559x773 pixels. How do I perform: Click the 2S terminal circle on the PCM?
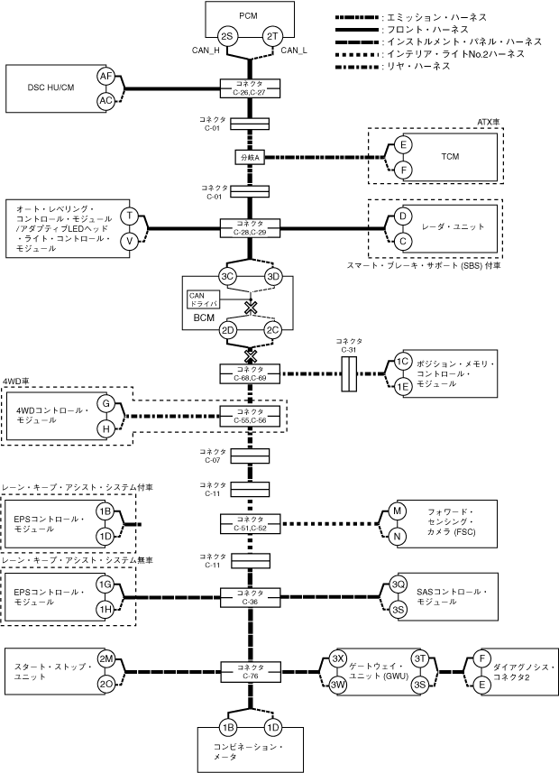pyautogui.click(x=227, y=36)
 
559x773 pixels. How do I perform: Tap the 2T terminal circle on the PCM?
pyautogui.click(x=272, y=36)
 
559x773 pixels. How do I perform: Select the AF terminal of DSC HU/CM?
pyautogui.click(x=106, y=76)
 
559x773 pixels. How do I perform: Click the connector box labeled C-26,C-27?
pyautogui.click(x=250, y=88)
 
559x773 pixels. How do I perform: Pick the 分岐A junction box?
pyautogui.click(x=250, y=158)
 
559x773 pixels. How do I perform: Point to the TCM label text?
pyautogui.click(x=450, y=156)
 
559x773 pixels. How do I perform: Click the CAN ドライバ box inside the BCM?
pyautogui.click(x=204, y=299)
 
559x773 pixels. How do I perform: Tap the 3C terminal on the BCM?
pyautogui.click(x=227, y=277)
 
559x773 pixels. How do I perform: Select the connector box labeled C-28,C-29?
pyautogui.click(x=250, y=228)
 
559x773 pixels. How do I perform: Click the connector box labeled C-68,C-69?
pyautogui.click(x=250, y=373)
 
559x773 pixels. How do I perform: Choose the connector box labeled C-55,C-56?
pyautogui.click(x=250, y=416)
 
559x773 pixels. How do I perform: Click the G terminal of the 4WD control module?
pyautogui.click(x=106, y=403)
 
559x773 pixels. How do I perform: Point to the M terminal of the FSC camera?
pyautogui.click(x=398, y=511)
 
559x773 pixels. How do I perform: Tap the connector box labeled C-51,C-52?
pyautogui.click(x=250, y=523)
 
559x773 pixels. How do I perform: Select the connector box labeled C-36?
pyautogui.click(x=250, y=597)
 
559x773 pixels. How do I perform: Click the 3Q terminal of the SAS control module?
pyautogui.click(x=399, y=584)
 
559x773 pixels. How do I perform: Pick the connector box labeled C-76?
pyautogui.click(x=250, y=671)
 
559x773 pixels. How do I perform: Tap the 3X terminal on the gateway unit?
pyautogui.click(x=338, y=659)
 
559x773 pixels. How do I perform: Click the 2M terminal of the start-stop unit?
pyautogui.click(x=106, y=659)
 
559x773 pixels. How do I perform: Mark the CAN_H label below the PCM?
pyautogui.click(x=206, y=51)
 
